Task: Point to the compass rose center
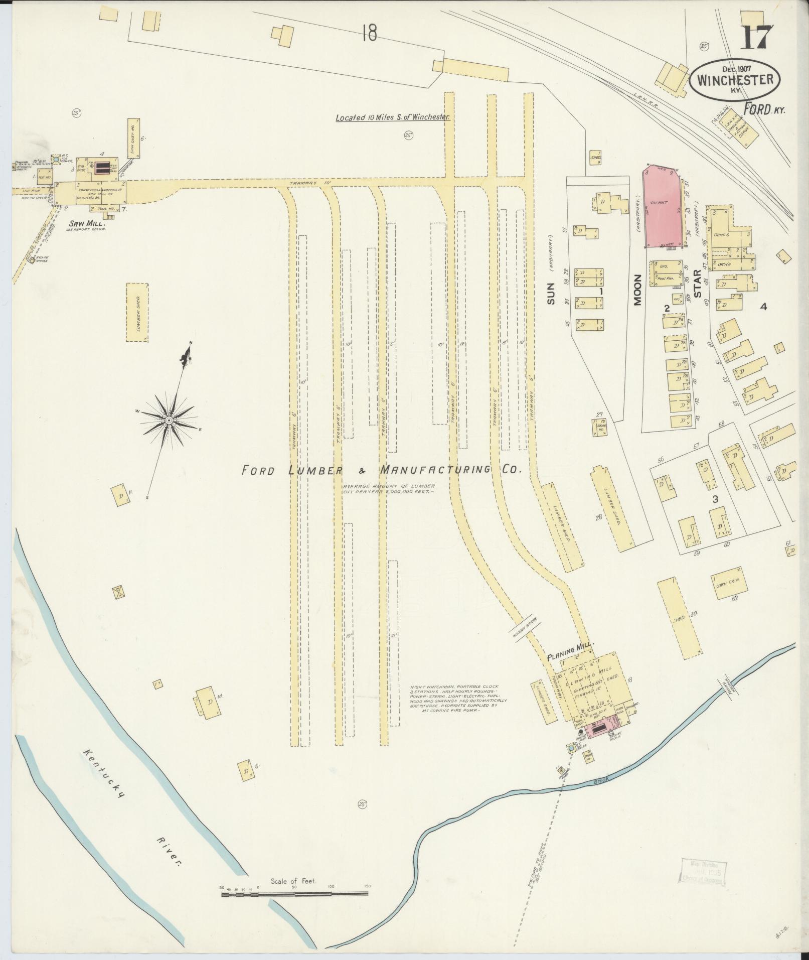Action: (170, 420)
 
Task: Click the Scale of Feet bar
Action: (295, 542)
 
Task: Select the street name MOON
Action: (637, 290)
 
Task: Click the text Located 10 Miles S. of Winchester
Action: (393, 117)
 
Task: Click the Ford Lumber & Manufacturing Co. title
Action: (382, 470)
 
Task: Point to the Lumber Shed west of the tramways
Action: (137, 312)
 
